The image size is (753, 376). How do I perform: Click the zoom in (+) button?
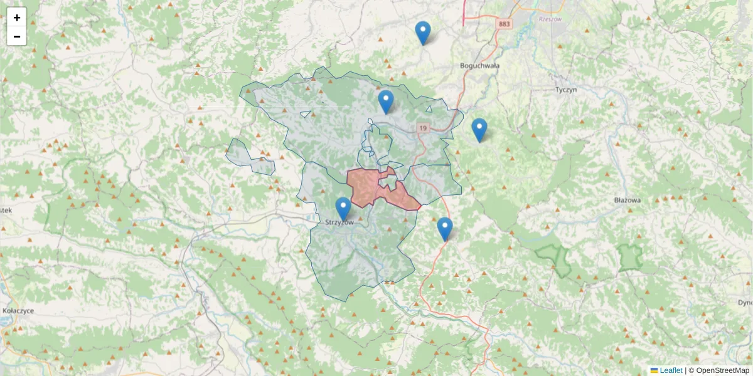coord(17,18)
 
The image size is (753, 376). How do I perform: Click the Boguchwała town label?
coord(479,65)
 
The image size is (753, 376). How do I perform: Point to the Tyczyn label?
coord(566,90)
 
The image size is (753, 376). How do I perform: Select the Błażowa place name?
coord(627,201)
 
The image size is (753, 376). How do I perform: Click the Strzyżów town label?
coord(340,222)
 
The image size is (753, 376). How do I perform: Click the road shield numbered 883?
coord(504,24)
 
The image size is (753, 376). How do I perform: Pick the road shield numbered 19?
coord(424,128)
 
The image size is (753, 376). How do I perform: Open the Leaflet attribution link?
coord(670,370)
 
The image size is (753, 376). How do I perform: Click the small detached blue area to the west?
coord(249,157)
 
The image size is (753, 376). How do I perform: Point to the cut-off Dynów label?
coord(745,303)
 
